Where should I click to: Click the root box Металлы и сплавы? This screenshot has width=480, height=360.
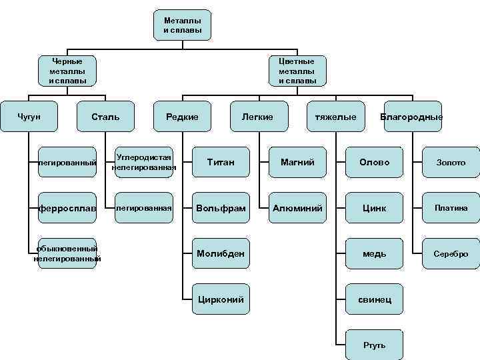coord(182,25)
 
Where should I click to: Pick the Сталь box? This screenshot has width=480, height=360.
coord(105,117)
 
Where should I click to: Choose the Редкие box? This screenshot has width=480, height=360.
coord(182,117)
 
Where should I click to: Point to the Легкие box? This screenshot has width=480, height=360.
coord(259,117)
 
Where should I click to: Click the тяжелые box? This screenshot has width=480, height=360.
coord(335,117)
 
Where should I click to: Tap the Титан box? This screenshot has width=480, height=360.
coord(221,162)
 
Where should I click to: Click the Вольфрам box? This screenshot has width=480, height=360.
coord(221,208)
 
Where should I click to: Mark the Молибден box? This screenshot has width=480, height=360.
coord(221,253)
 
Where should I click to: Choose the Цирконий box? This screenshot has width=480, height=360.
coord(221,299)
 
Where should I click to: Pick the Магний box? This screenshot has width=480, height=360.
coord(297,162)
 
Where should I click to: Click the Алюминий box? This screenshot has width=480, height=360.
coord(297,208)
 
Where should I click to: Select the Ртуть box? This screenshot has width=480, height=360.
coord(374,345)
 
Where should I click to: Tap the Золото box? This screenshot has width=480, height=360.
coord(451,162)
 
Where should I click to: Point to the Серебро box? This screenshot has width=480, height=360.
coord(451,253)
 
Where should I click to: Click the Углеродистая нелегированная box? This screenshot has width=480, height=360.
coord(144,162)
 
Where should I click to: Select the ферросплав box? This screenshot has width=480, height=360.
coord(67,208)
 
